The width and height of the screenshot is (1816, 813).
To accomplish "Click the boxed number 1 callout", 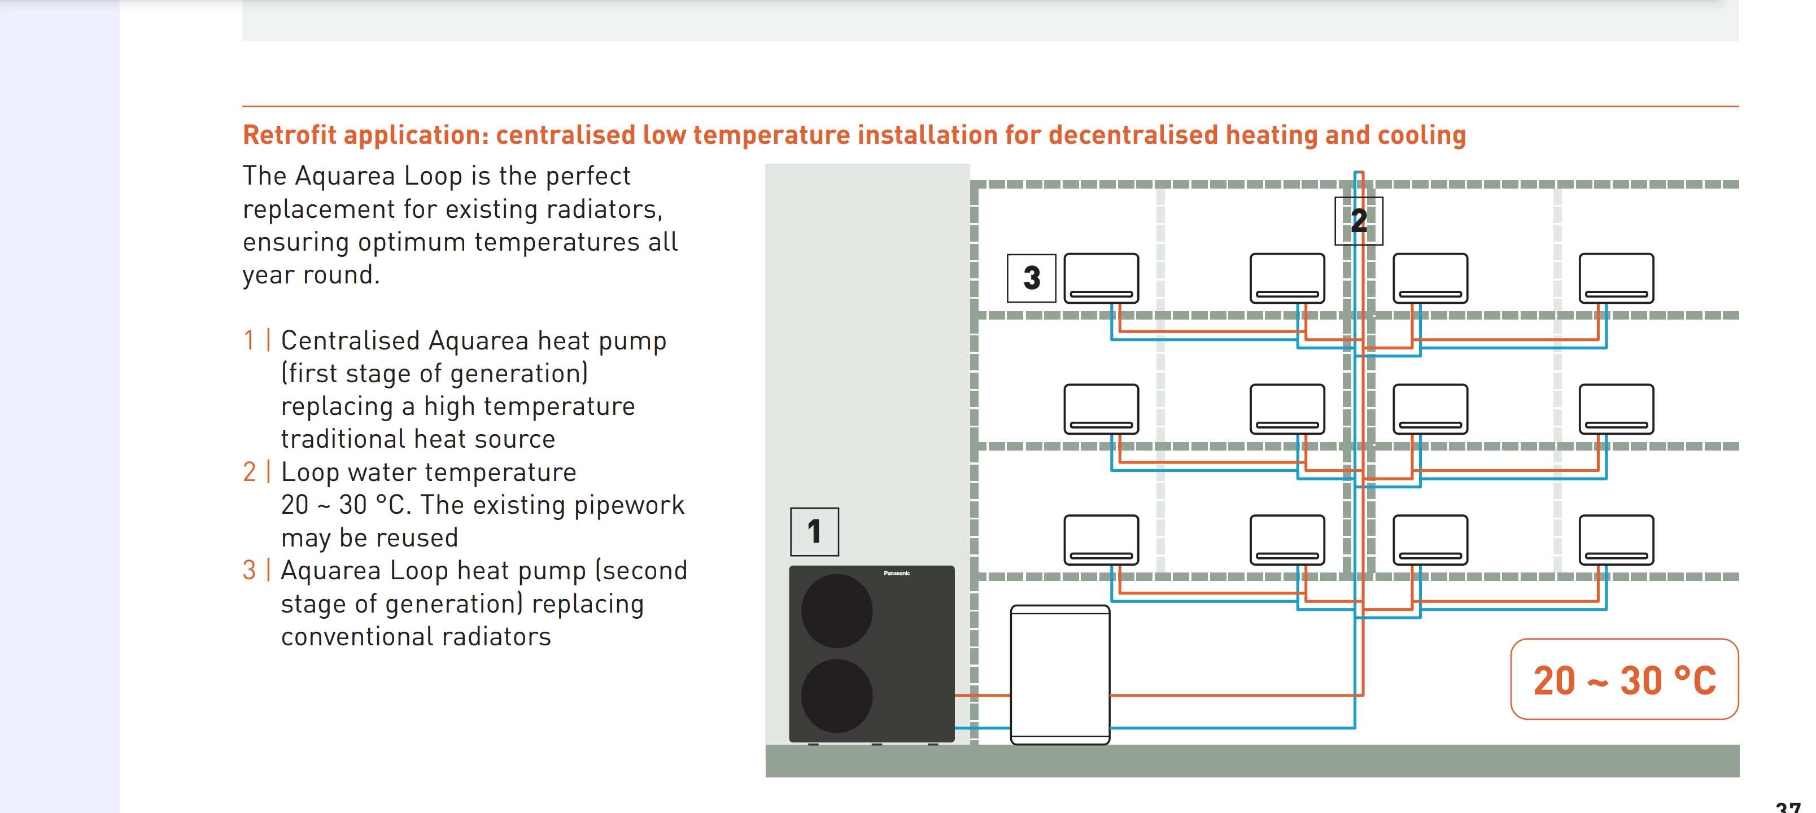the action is [814, 532].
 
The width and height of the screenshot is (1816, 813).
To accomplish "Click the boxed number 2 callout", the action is [1359, 221].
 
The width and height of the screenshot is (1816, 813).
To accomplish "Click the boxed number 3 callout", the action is [1031, 278].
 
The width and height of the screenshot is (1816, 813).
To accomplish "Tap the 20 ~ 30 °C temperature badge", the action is [1624, 679].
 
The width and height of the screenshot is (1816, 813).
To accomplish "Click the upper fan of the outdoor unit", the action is [837, 611].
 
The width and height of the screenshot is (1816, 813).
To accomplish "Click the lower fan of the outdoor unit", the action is [837, 696].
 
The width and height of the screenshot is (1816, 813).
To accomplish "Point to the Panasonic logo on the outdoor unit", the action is [897, 573].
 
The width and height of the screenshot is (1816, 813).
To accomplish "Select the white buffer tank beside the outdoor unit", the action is [1059, 674].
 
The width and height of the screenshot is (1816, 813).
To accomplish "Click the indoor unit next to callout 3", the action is [1101, 278].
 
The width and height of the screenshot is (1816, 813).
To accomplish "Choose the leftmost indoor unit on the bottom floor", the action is [1101, 540].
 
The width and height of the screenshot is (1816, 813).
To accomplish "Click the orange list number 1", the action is [249, 340].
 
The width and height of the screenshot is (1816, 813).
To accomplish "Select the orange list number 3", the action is [249, 570].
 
